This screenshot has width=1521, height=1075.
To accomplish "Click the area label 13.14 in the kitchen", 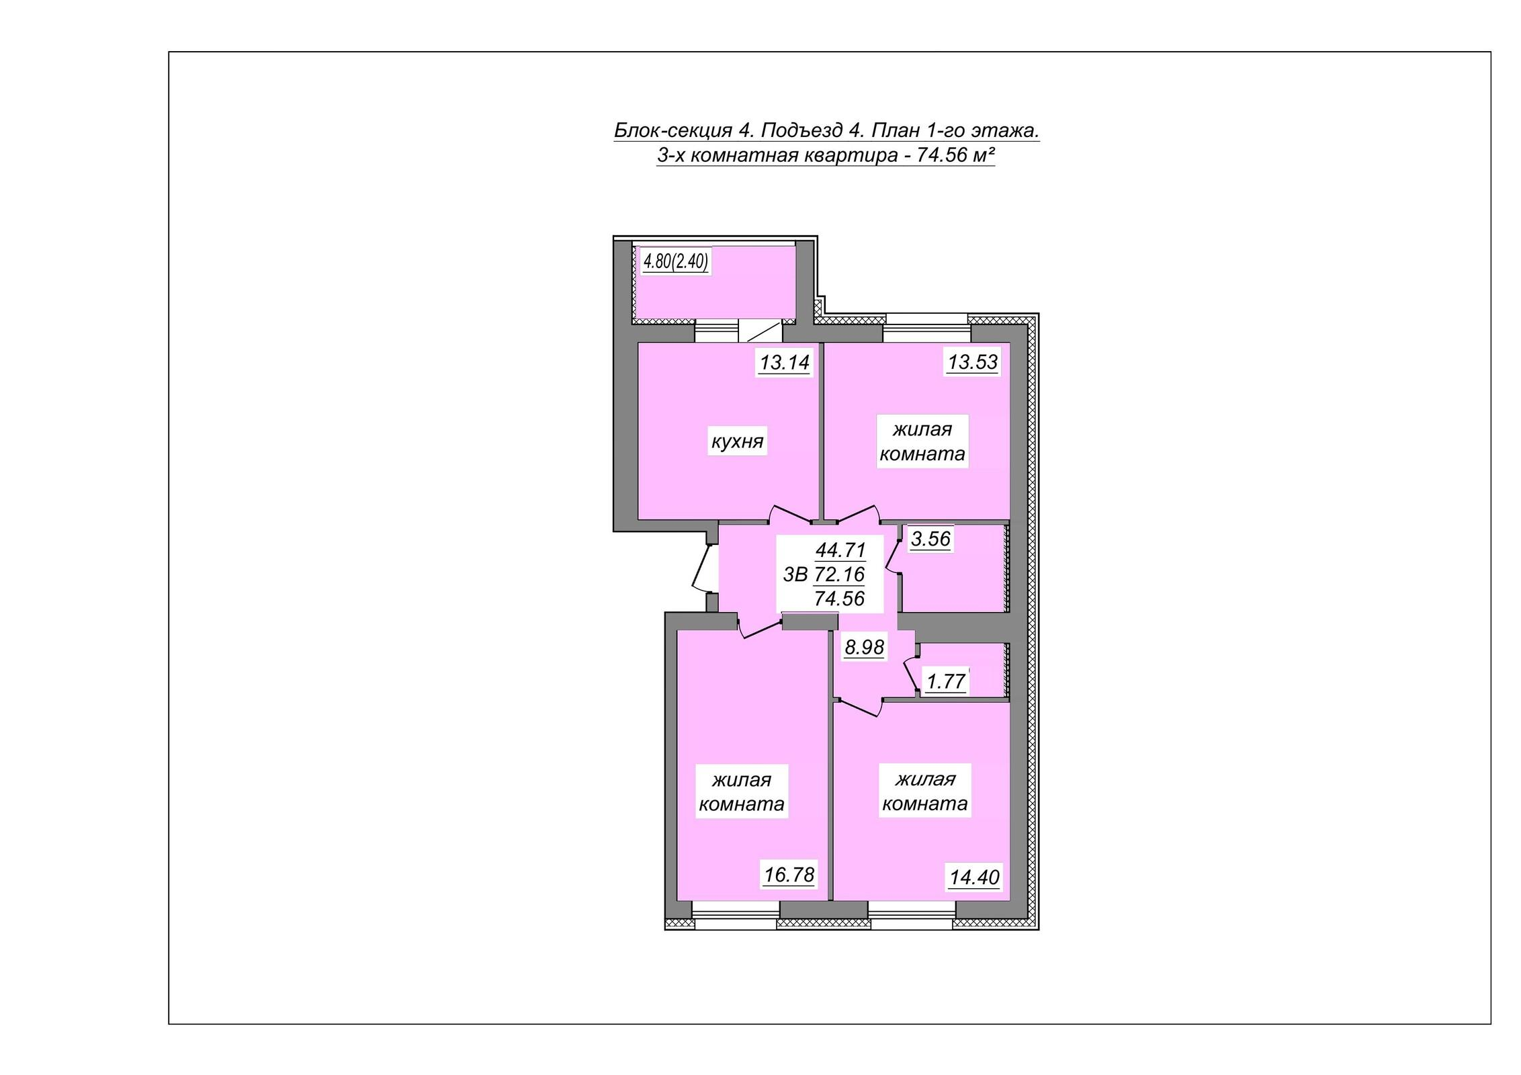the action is (785, 363).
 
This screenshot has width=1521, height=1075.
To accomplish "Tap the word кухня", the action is (738, 442).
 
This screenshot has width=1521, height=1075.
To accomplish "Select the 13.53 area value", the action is (973, 362).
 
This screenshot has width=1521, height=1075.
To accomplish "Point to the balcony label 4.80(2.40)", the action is (676, 261).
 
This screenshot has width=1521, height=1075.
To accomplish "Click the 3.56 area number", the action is (930, 538).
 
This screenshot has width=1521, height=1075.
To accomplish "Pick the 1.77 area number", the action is (946, 682).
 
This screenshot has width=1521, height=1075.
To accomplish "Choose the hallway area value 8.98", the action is (865, 647).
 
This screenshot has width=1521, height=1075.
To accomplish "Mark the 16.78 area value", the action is (789, 875).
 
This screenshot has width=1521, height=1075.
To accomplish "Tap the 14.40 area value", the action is (975, 877).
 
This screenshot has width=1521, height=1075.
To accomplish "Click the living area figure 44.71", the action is (840, 550).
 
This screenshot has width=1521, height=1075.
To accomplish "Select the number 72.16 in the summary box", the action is (839, 574).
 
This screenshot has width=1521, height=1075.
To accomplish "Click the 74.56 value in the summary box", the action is (839, 598).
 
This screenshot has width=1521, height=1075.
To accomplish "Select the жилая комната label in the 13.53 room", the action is (922, 441).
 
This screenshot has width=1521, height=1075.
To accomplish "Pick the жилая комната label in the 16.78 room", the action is (742, 792).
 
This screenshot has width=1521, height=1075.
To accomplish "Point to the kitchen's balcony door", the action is (763, 331).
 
